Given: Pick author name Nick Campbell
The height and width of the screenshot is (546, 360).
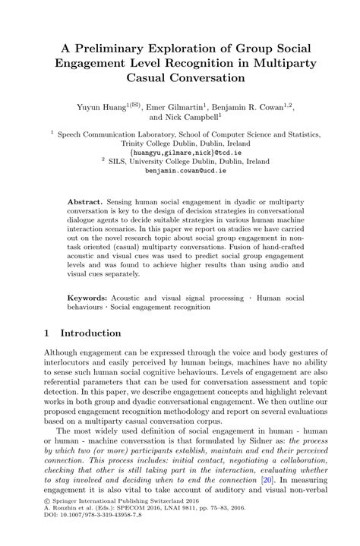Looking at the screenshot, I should pos(183,118).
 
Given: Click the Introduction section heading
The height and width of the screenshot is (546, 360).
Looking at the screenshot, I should pos(90,333).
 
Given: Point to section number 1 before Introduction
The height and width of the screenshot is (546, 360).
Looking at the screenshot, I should pos(46,333).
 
